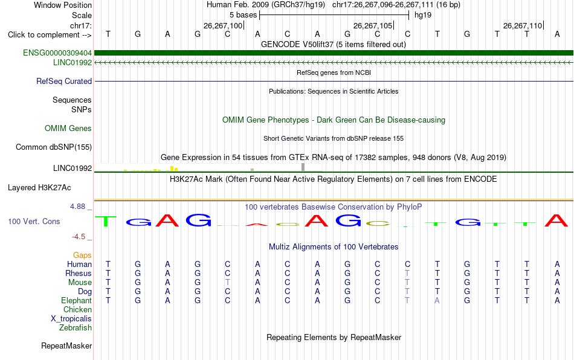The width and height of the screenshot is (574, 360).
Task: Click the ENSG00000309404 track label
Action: [57, 53]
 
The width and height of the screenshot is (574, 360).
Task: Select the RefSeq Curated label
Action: [64, 81]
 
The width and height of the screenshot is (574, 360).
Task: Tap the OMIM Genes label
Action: [68, 129]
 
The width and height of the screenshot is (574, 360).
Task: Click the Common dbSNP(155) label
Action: [54, 147]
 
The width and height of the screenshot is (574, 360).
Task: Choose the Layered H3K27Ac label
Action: [39, 188]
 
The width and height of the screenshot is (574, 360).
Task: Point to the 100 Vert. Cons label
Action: [34, 221]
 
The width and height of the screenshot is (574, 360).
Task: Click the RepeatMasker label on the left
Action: [66, 346]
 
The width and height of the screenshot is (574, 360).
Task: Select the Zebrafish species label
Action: [76, 328]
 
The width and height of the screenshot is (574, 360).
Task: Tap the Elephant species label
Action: [77, 301]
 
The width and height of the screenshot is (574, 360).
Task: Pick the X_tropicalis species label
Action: [71, 319]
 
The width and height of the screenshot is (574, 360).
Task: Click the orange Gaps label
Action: [82, 256]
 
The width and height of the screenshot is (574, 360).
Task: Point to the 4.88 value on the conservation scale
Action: [77, 207]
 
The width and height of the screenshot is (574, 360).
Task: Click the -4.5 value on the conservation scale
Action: [79, 237]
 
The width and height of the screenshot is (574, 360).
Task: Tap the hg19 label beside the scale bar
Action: [423, 15]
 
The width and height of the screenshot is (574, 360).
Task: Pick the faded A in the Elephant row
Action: [437, 300]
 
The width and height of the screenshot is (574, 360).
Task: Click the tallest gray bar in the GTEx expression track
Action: [303, 167]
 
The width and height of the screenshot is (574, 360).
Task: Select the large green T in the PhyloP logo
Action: [106, 221]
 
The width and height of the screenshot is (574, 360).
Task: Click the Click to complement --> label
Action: [50, 35]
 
